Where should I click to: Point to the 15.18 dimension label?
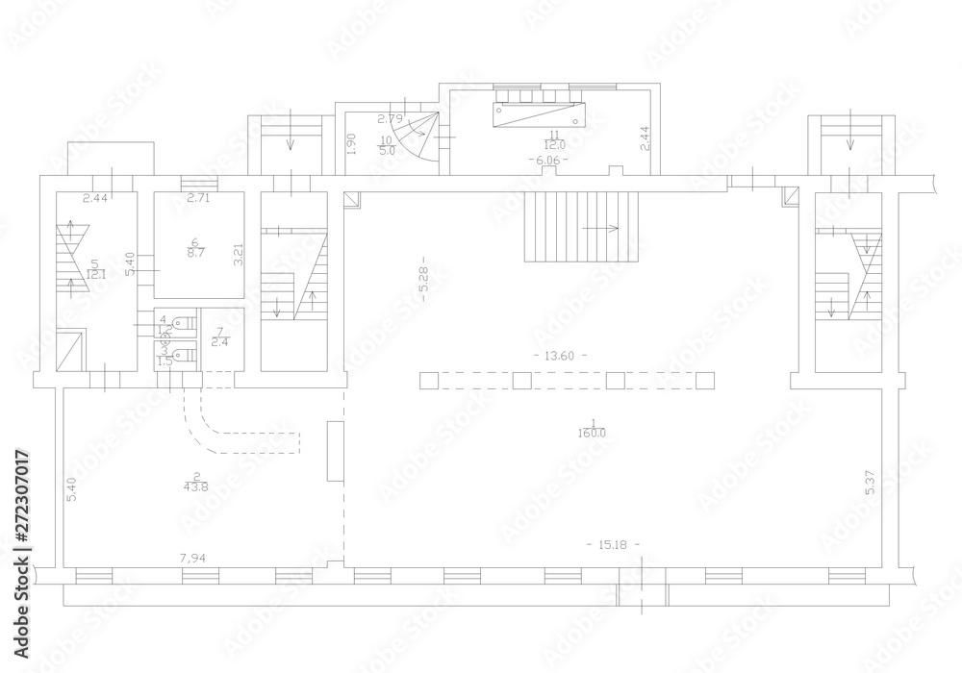click(613, 545)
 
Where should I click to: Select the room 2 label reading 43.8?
click(196, 481)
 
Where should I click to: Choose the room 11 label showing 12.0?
click(553, 139)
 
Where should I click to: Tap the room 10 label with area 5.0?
click(385, 145)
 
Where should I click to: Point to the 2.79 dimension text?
click(389, 118)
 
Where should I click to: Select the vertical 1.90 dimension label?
click(353, 144)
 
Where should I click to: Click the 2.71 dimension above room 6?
click(199, 198)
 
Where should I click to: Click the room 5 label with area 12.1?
click(95, 269)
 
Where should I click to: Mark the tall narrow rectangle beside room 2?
click(336, 450)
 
